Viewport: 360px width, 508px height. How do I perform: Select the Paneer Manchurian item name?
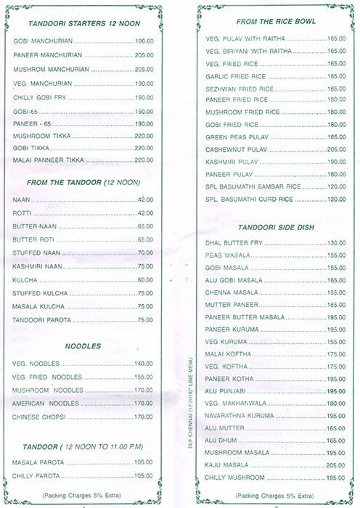click(x=44, y=54)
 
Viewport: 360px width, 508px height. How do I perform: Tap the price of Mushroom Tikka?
click(x=144, y=136)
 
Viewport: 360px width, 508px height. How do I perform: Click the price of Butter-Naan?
click(x=145, y=226)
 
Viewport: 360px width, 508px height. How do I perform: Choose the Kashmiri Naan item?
click(x=37, y=266)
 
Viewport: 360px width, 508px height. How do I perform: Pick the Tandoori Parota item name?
click(x=41, y=320)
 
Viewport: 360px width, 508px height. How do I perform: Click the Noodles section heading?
click(x=82, y=346)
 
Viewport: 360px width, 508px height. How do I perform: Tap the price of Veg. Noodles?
click(x=144, y=363)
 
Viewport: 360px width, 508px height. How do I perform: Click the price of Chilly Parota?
click(x=144, y=475)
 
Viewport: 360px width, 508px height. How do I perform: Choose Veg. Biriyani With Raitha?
click(x=249, y=52)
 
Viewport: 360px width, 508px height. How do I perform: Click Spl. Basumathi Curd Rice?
click(x=249, y=199)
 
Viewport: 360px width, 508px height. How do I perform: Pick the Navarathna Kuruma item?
click(x=243, y=416)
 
